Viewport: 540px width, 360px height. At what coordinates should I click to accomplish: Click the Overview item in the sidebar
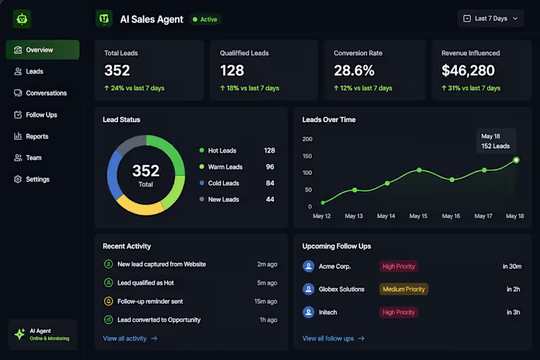click(43, 50)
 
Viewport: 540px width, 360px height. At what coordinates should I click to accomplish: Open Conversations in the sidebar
click(40, 93)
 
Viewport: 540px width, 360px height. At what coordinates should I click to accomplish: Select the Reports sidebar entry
click(31, 136)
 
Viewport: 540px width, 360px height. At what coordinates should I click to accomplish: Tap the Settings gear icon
click(18, 179)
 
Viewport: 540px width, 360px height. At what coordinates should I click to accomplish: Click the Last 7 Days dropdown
click(491, 19)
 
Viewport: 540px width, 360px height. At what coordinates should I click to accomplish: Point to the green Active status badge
click(205, 20)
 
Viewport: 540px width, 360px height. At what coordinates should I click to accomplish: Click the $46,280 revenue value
click(468, 71)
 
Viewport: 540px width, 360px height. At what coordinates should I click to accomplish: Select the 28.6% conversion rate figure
click(354, 71)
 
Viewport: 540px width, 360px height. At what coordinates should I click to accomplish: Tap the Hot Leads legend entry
click(218, 151)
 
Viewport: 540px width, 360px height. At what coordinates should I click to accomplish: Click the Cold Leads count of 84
click(270, 183)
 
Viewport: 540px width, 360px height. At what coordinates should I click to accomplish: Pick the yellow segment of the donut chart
click(140, 207)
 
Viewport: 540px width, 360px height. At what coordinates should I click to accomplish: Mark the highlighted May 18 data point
click(516, 160)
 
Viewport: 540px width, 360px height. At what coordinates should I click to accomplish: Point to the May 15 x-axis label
click(418, 216)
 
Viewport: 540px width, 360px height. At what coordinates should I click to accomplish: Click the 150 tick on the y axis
click(307, 156)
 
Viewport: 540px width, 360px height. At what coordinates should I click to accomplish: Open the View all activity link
click(130, 338)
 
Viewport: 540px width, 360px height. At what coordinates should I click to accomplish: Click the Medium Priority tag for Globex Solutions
click(404, 289)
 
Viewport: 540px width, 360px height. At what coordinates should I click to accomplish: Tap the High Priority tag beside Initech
click(399, 313)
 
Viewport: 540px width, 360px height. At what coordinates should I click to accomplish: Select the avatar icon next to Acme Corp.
click(308, 266)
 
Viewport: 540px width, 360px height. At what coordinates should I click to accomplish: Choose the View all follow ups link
click(333, 338)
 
